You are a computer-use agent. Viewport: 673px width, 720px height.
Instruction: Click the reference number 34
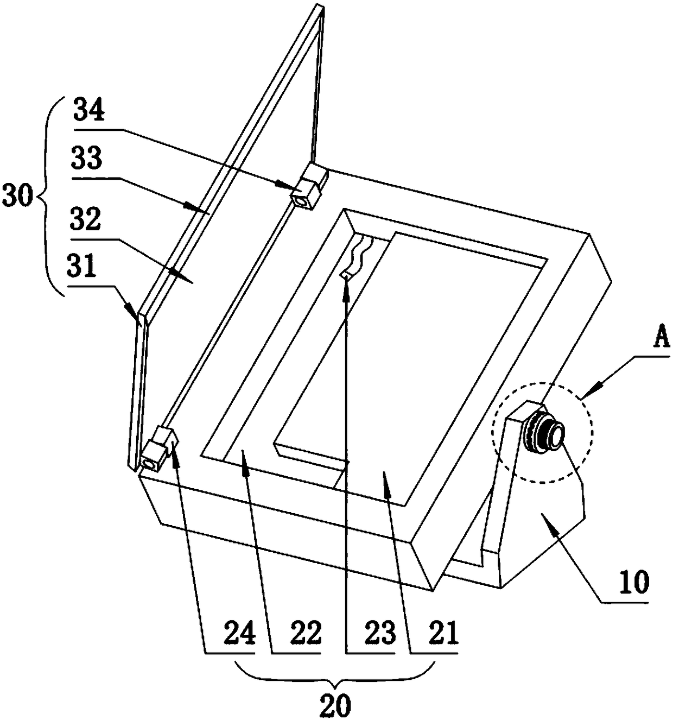(90, 112)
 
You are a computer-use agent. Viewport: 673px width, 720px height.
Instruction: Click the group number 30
(18, 197)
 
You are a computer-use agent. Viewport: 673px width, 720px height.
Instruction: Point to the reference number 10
(633, 583)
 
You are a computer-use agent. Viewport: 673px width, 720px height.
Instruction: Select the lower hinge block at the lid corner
(156, 450)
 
